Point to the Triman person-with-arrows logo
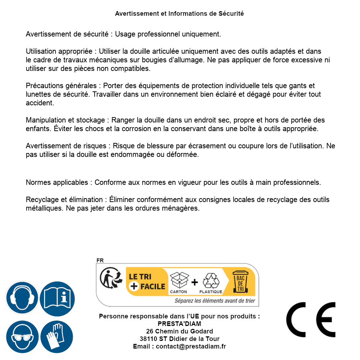pos(110,278)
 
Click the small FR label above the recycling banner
pos(100,260)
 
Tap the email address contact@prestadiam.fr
pos(191,346)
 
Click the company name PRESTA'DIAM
pos(179,324)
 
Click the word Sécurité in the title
pos(231,14)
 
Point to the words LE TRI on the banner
pos(140,277)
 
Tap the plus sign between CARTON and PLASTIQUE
pos(195,282)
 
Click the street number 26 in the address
pos(150,331)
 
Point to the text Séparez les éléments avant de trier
pos(215,301)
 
